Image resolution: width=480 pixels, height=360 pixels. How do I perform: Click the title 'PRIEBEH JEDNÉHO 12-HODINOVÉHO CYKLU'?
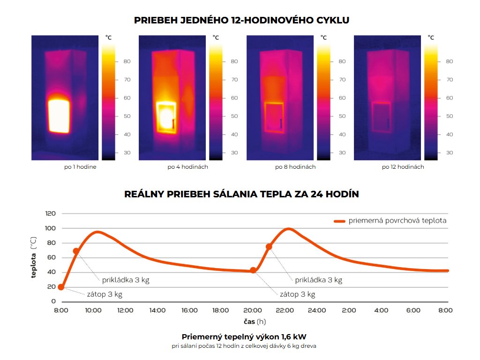pos(241,20)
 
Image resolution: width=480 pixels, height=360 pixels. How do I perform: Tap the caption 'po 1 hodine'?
pos(81,167)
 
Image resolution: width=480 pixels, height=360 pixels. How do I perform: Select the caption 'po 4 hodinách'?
pos(187,167)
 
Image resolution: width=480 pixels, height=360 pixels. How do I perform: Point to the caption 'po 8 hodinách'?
pos(295,167)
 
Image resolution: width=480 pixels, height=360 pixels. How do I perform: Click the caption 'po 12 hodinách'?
pos(403,167)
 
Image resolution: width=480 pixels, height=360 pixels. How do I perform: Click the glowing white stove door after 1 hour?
pos(59,115)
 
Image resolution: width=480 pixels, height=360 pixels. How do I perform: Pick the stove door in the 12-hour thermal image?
pos(382,118)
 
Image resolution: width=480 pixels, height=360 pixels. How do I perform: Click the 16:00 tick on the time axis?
pos(189,310)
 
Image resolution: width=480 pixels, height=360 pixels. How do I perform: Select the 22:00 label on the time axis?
pos(285,310)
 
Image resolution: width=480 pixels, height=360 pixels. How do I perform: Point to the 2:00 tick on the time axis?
pos(349,310)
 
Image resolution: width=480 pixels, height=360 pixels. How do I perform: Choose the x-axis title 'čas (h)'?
pos(254,322)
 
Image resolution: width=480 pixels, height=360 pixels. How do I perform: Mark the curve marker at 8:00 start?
pos(61,287)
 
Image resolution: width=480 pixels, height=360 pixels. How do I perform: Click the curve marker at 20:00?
pos(253,270)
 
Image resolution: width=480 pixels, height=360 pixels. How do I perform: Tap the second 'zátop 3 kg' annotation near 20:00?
pos(297,295)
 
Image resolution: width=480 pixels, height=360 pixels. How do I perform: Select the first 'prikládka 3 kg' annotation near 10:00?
pos(126,280)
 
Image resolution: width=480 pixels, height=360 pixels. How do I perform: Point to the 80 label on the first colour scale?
pos(127,61)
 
